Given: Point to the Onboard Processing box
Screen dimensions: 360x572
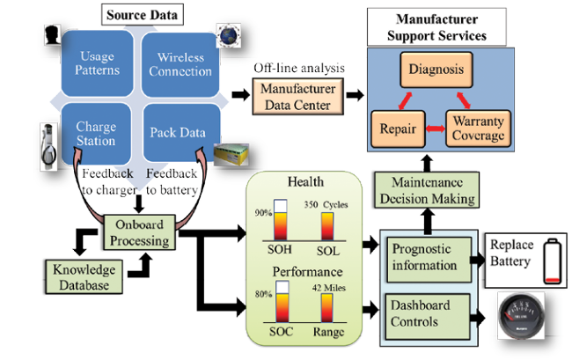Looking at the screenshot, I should tap(136, 231).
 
